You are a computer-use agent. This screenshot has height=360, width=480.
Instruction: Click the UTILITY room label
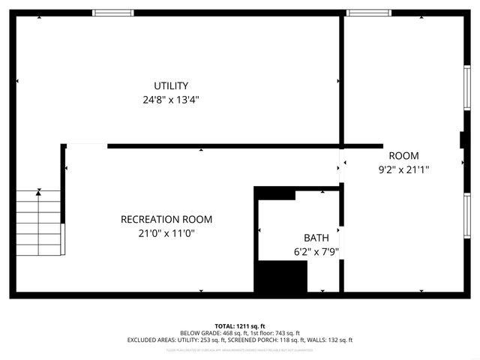[171, 85]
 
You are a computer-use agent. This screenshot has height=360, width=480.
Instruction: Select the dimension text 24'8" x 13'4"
[171, 99]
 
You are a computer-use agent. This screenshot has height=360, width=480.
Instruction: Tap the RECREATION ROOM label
[166, 220]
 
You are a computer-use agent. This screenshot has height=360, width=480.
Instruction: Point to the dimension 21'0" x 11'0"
[166, 233]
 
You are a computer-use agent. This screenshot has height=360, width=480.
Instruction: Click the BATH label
[316, 238]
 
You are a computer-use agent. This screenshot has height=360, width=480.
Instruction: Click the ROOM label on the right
[403, 156]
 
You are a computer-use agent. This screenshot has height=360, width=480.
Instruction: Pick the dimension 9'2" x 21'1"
[403, 169]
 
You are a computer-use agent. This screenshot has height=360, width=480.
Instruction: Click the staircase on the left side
[39, 223]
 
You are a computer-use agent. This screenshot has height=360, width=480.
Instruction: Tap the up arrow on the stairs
[39, 193]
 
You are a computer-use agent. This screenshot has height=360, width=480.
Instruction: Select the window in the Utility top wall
[114, 13]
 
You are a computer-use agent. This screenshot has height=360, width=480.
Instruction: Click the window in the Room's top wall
[369, 13]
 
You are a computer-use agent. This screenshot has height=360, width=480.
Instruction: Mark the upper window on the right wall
[466, 89]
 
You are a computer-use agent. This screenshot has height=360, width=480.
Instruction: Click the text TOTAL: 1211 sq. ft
[240, 325]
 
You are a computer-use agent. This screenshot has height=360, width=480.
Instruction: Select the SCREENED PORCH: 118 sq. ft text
[275, 340]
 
